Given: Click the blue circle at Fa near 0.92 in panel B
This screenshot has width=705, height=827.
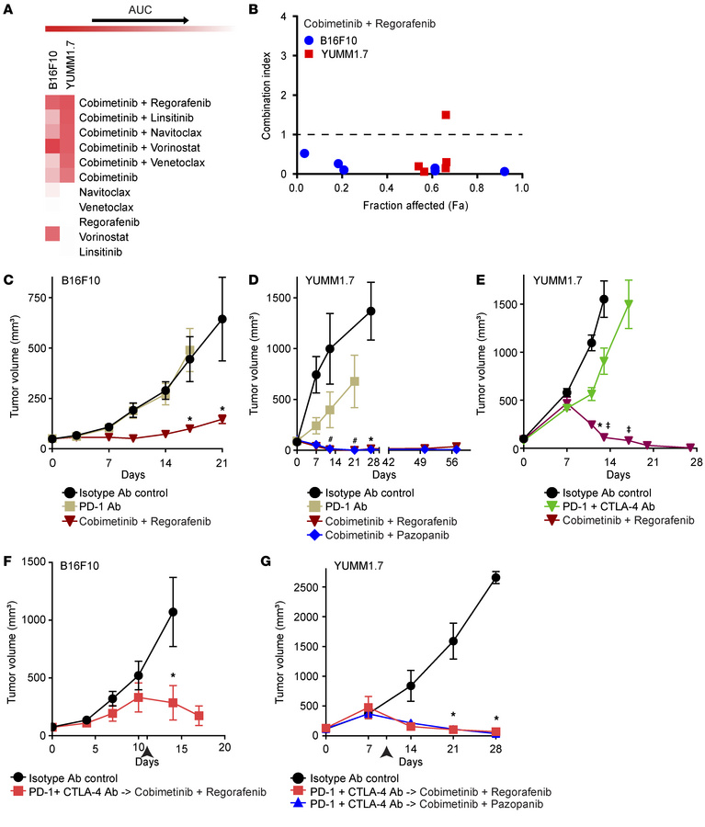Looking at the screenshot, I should click(505, 172).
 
